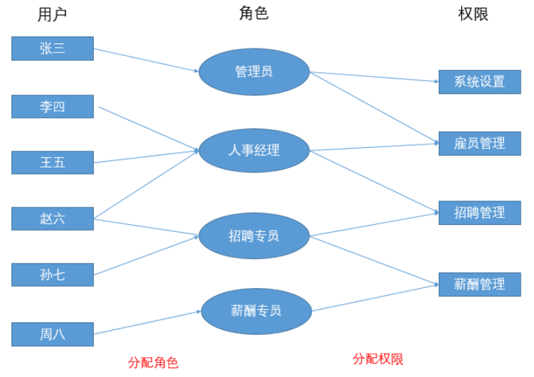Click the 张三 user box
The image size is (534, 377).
point(52,48)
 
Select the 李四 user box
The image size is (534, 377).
point(52,107)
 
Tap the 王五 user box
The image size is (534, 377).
point(52,163)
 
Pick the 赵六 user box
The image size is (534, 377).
point(52,219)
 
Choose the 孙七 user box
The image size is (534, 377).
point(52,275)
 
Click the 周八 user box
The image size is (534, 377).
point(52,334)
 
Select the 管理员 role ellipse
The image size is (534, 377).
point(254,71)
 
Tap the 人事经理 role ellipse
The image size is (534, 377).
point(254,150)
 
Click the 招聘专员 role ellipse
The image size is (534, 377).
point(254,236)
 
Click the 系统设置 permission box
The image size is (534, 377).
point(479,81)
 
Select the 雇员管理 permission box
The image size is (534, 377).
point(479,143)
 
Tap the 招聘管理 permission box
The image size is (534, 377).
point(479,212)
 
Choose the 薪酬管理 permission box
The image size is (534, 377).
point(479,285)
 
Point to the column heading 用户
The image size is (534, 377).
point(52,14)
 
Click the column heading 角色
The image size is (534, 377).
point(253,13)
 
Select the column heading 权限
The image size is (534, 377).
point(473,14)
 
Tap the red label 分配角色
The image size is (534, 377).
point(153,362)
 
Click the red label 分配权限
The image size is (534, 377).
point(378,359)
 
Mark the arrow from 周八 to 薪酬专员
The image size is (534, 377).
point(147,323)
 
